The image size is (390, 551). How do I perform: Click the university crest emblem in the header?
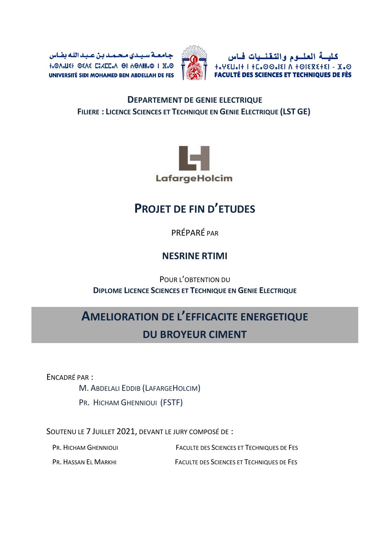[x=195, y=63]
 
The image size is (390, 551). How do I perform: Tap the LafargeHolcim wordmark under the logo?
[x=194, y=179]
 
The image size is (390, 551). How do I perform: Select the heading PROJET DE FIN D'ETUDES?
[x=195, y=209]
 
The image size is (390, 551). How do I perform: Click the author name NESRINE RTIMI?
[x=195, y=256]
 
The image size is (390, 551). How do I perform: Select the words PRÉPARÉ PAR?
[x=195, y=233]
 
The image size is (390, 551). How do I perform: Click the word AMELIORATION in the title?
[x=120, y=317]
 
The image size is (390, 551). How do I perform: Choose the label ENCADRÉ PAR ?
[x=70, y=377]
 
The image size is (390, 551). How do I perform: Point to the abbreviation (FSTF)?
[x=171, y=403]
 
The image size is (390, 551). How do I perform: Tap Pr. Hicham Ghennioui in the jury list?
[x=85, y=448]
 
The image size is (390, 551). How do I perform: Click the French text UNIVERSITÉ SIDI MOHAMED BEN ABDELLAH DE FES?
[x=111, y=75]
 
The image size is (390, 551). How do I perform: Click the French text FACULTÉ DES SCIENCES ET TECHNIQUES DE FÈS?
[x=283, y=75]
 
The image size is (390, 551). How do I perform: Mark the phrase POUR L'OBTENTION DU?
[x=195, y=280]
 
